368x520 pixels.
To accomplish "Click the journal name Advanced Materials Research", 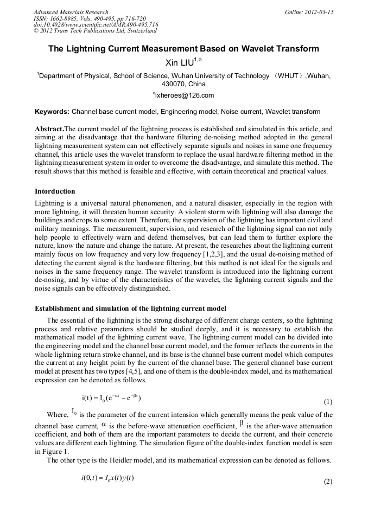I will [71, 12].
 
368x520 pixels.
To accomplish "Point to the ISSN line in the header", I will [90, 18].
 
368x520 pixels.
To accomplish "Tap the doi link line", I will [96, 24].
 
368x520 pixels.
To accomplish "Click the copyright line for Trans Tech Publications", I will [95, 31].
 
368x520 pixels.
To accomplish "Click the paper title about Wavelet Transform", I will [183, 49].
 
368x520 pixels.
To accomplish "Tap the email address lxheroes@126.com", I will [185, 95].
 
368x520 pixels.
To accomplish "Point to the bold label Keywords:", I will [52, 112].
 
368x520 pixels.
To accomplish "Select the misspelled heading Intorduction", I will [55, 191].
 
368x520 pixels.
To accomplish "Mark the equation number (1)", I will [328, 402].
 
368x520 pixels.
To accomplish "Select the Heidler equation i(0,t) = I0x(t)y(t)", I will [107, 477].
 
